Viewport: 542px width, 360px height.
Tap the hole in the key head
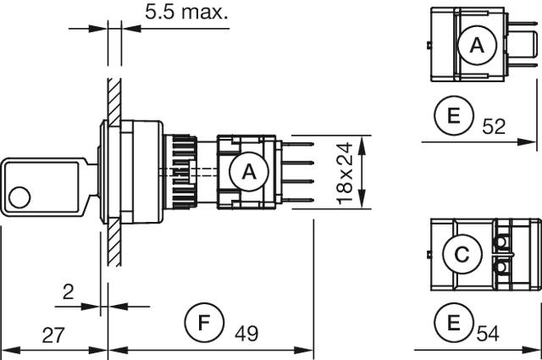point(17,199)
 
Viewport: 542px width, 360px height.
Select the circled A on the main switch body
point(247,172)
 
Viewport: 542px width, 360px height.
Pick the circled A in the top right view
point(477,47)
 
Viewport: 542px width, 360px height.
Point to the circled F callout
point(203,323)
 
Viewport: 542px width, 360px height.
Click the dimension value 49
point(246,335)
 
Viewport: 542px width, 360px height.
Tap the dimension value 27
point(53,335)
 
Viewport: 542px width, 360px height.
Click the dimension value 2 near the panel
point(68,292)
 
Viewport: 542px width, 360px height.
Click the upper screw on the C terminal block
point(503,244)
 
